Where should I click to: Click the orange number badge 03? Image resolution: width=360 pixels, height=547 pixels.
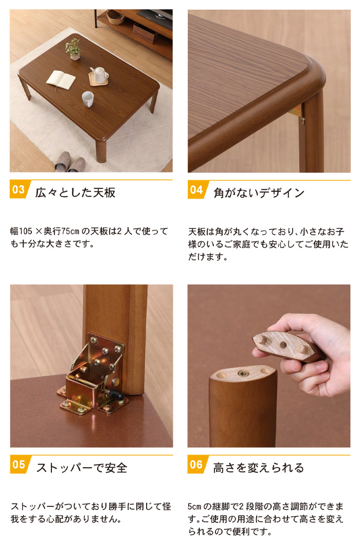[19, 189]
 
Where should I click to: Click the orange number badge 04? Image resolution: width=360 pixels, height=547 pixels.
[196, 189]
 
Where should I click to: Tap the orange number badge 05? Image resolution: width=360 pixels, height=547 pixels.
[19, 465]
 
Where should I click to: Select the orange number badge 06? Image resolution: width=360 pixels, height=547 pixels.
[196, 465]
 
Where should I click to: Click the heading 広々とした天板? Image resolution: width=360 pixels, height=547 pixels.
[75, 193]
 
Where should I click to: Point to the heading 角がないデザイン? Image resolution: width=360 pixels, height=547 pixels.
[259, 193]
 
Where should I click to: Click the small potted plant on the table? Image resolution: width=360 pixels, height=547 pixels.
[74, 49]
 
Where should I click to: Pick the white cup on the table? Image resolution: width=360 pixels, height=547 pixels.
[88, 99]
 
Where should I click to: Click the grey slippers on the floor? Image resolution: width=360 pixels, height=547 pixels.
[70, 162]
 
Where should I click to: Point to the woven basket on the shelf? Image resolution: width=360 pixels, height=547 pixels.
[115, 17]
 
